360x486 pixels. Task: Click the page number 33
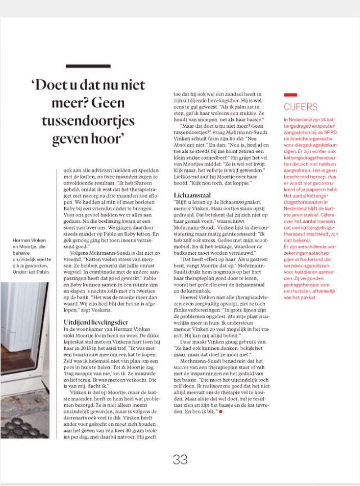tap(179, 459)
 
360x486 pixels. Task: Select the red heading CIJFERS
tap(300, 107)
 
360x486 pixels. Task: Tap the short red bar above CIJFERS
tap(290, 95)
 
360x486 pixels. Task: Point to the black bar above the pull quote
tap(88, 66)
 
